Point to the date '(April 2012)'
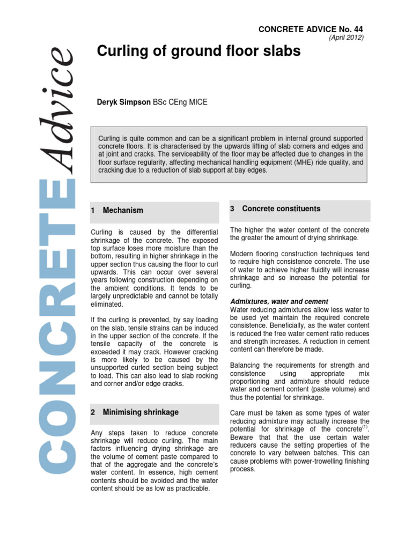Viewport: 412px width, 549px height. point(345,38)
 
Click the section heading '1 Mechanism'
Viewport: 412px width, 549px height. point(117,211)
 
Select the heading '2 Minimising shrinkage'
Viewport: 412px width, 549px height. point(135,412)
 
